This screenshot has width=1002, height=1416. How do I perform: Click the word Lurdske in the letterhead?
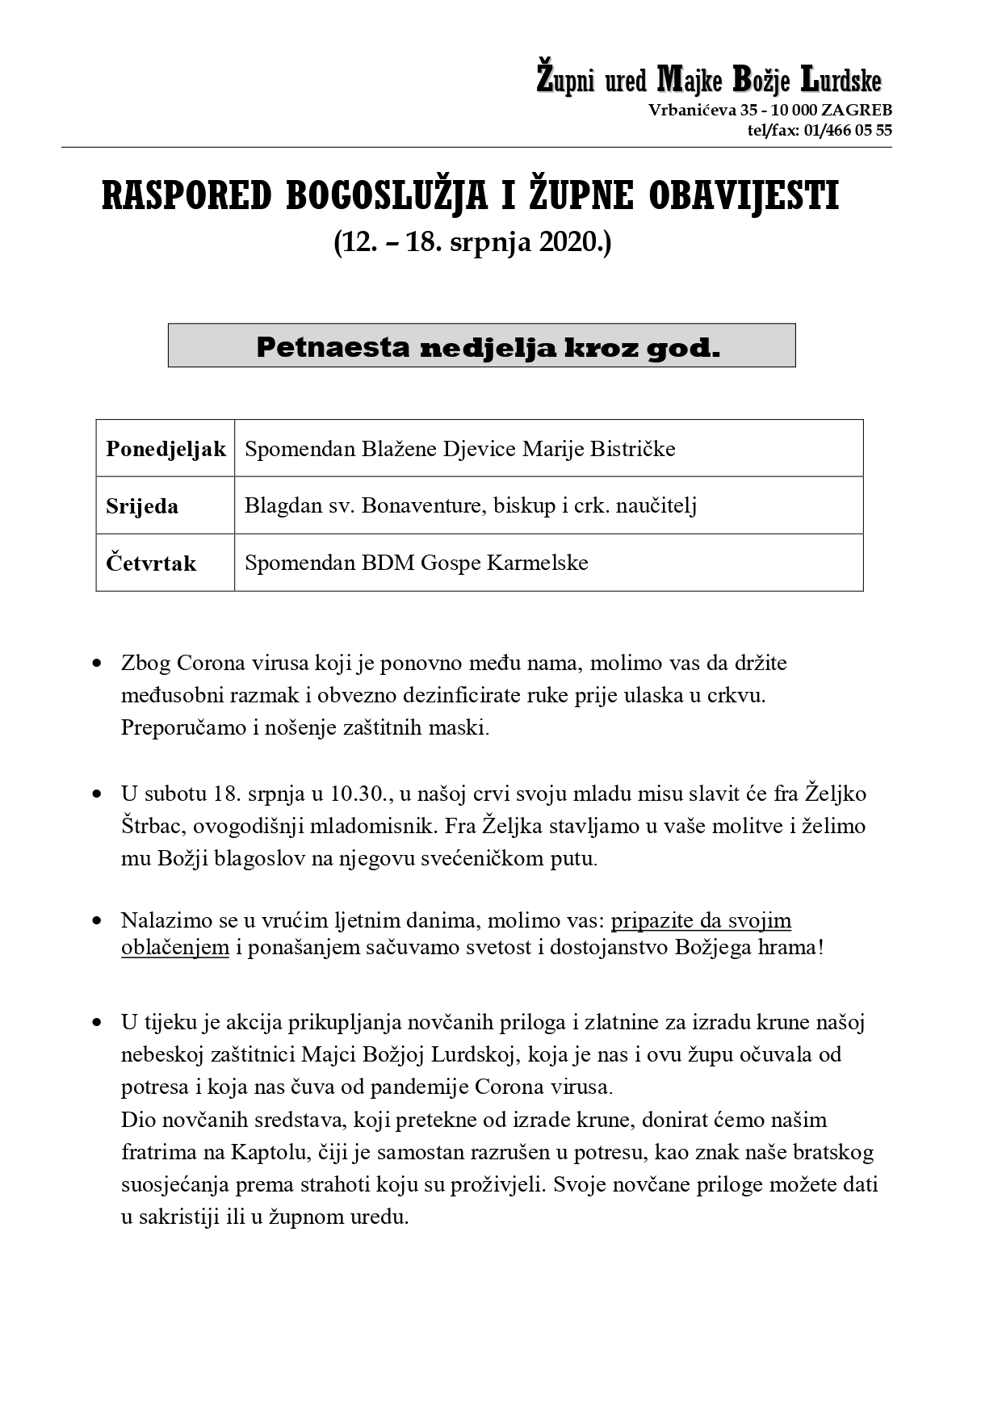pos(840,81)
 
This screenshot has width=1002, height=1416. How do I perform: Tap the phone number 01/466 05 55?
pos(848,131)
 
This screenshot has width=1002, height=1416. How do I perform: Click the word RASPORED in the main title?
pos(186,198)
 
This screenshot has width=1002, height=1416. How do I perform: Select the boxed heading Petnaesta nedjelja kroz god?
pos(481,347)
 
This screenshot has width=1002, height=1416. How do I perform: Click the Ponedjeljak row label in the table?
pos(166,449)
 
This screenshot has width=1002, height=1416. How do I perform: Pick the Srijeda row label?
pos(142,506)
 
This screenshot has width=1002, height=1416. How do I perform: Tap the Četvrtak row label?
pos(151,563)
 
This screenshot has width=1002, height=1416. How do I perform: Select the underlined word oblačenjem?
pos(175,947)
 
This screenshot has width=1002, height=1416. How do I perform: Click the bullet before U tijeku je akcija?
pos(98,1023)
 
